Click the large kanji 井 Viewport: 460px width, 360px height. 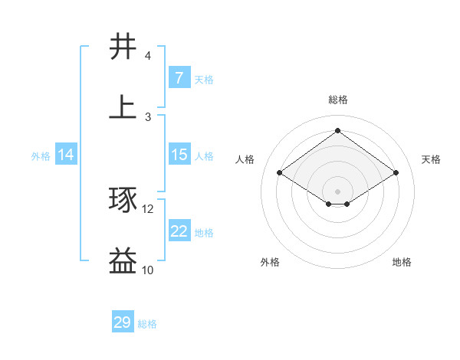(123, 47)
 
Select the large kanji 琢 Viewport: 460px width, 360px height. (123, 200)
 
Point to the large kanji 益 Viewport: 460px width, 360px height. (123, 261)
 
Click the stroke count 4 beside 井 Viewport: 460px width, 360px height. (147, 56)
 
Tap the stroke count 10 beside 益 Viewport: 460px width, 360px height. (148, 270)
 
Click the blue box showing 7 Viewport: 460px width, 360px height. (179, 77)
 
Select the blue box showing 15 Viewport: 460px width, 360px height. (179, 155)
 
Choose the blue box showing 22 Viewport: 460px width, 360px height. (179, 231)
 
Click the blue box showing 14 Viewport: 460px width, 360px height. (66, 155)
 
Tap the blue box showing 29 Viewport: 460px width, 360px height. (123, 322)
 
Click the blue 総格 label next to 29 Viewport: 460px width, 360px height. (147, 324)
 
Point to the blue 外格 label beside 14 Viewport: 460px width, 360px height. (41, 156)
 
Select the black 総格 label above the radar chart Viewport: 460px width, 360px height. (338, 100)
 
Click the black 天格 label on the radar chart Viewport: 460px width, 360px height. (432, 159)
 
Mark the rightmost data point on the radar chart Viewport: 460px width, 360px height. (396, 173)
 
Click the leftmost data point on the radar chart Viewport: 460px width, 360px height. (280, 173)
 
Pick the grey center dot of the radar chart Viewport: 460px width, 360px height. (338, 190)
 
